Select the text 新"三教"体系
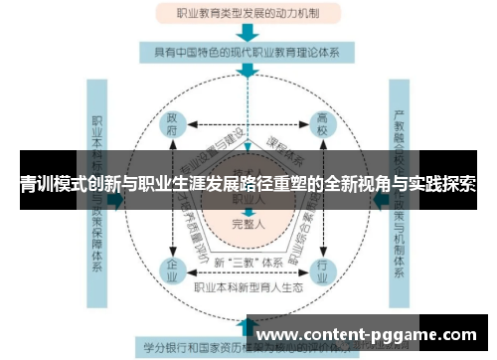click(248, 261)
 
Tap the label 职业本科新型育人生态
click(248, 287)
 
